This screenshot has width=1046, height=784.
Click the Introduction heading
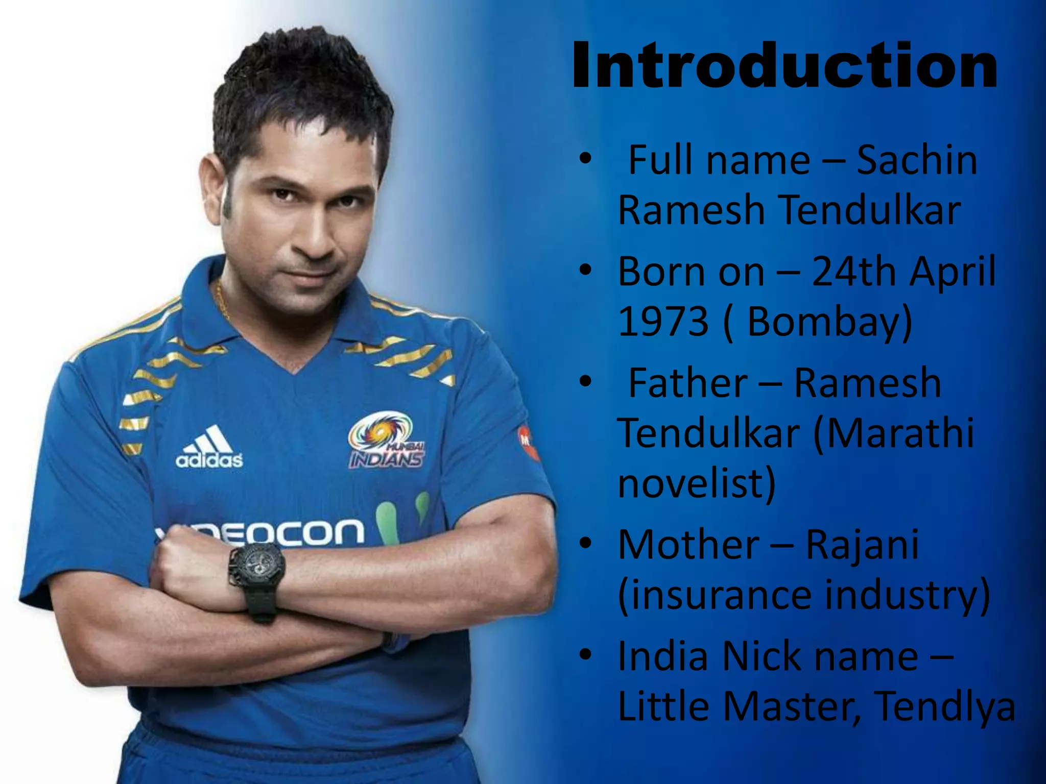click(x=784, y=66)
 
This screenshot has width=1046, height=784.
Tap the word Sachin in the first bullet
click(x=916, y=160)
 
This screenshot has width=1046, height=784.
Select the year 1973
click(x=663, y=321)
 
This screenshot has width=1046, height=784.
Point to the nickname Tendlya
click(x=945, y=706)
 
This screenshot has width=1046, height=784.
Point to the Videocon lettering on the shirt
click(x=286, y=533)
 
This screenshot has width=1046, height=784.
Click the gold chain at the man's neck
click(x=222, y=301)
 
